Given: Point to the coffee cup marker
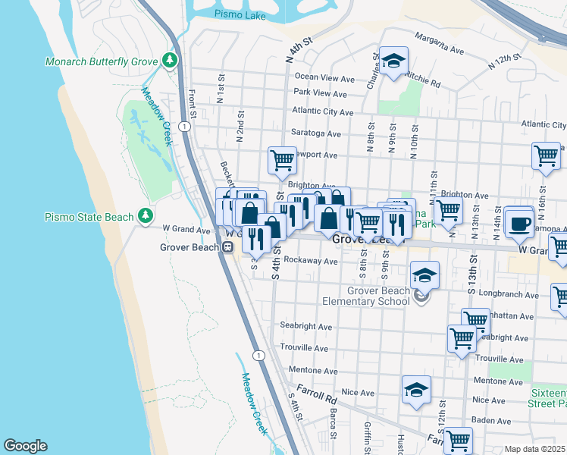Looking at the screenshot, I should coord(519,222).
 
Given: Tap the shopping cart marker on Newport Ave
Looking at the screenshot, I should coord(282,160).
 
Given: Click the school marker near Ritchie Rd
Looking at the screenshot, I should coord(393,61).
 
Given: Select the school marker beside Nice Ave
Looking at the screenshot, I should coord(416,391).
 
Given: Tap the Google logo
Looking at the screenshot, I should coord(25,446).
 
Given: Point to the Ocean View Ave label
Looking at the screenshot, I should coord(324,77).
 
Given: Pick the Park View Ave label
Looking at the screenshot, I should coord(320,94).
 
